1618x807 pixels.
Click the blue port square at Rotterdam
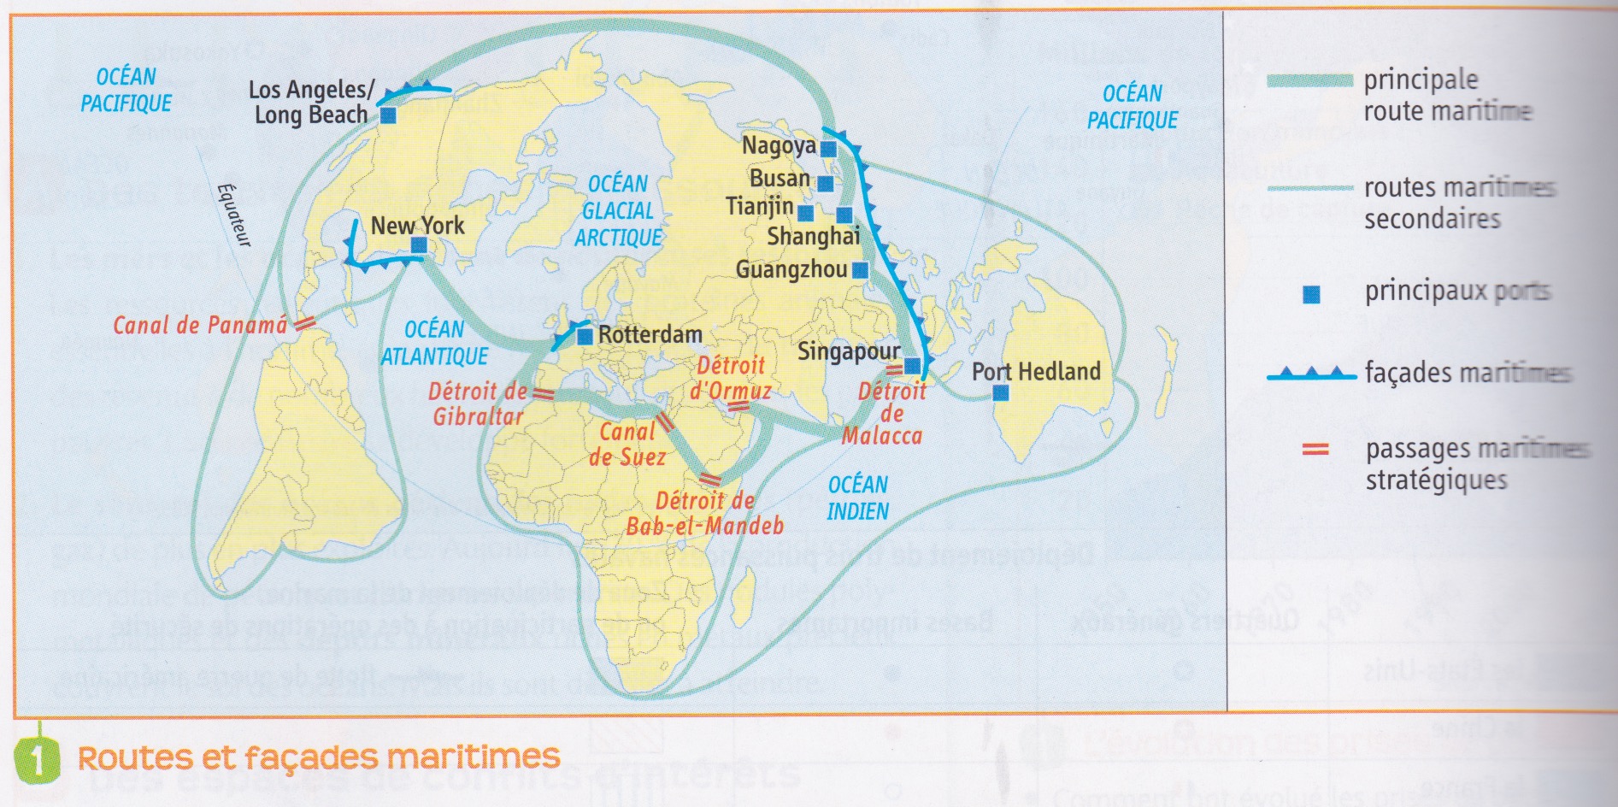coord(585,337)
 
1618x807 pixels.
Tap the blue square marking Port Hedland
coord(1000,393)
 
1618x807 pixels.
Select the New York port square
coord(419,245)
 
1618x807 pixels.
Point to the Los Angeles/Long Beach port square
coord(388,115)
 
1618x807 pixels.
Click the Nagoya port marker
coord(828,149)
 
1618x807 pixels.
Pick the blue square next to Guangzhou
coord(860,270)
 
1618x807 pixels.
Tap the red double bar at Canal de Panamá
coord(305,323)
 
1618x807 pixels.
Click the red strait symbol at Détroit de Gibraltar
coord(544,394)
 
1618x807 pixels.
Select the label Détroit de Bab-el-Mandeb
coord(704,513)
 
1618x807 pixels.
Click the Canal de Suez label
coord(627,445)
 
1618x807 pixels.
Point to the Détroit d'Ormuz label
coord(731,378)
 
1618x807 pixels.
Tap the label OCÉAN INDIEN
coord(857,498)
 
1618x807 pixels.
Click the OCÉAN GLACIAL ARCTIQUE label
coord(618,211)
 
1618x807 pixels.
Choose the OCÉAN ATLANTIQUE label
coord(434,343)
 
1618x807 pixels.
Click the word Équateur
coord(233,215)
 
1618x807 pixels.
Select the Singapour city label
coord(848,351)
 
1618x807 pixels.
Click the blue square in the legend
coord(1310,295)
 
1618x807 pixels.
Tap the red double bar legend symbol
coord(1315,449)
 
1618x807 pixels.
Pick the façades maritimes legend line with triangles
coord(1311,374)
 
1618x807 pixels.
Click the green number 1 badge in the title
coord(38,759)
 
